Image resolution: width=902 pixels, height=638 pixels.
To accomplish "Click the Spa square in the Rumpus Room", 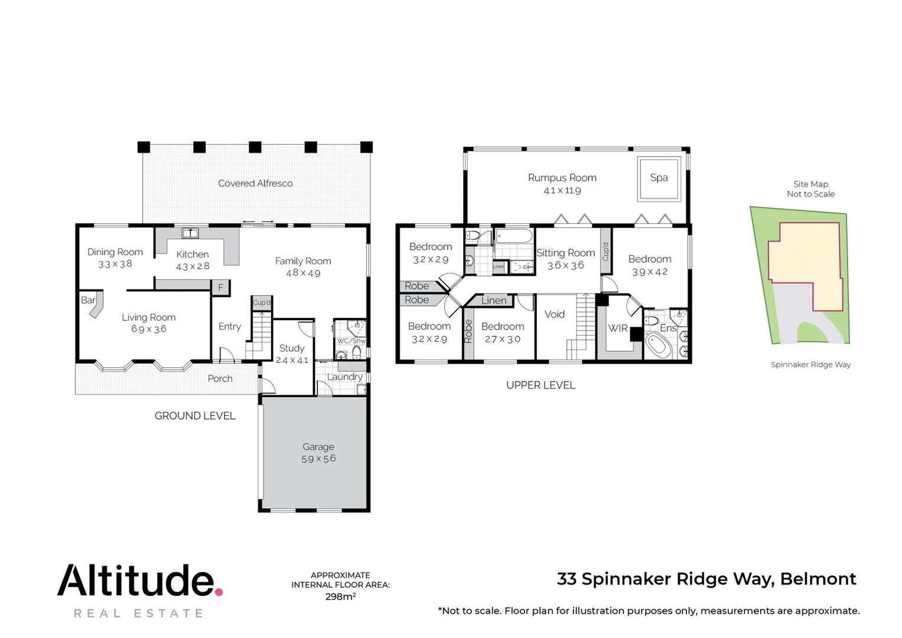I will [x=658, y=178].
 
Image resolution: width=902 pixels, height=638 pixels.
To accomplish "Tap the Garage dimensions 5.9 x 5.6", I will [x=318, y=459].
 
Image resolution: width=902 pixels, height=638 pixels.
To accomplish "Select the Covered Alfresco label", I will [x=255, y=184].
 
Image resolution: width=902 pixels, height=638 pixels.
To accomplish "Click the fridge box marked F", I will [x=221, y=288].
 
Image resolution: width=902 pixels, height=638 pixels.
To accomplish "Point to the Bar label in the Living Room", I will [x=88, y=300].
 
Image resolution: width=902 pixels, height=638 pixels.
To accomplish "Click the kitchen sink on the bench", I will [x=190, y=233].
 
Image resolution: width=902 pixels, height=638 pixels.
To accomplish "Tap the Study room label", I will [x=292, y=349].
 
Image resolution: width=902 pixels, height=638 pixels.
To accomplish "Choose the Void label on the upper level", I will [x=554, y=314].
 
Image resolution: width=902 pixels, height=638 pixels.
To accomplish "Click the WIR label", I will [x=617, y=328].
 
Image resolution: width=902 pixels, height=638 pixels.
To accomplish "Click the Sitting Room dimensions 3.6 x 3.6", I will [x=565, y=266].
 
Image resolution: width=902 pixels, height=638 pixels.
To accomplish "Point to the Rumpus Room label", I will [x=562, y=178].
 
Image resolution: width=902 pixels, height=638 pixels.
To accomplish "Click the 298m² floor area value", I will [x=340, y=597].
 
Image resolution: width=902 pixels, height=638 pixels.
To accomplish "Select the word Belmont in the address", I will [x=818, y=579].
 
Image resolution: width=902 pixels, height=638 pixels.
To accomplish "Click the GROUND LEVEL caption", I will [x=195, y=416].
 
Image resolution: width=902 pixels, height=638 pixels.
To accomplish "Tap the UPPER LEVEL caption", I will [x=540, y=385].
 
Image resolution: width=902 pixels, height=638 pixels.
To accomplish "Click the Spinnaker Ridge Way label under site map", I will [x=810, y=364].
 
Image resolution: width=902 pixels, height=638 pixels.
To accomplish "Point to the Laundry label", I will [x=344, y=377].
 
